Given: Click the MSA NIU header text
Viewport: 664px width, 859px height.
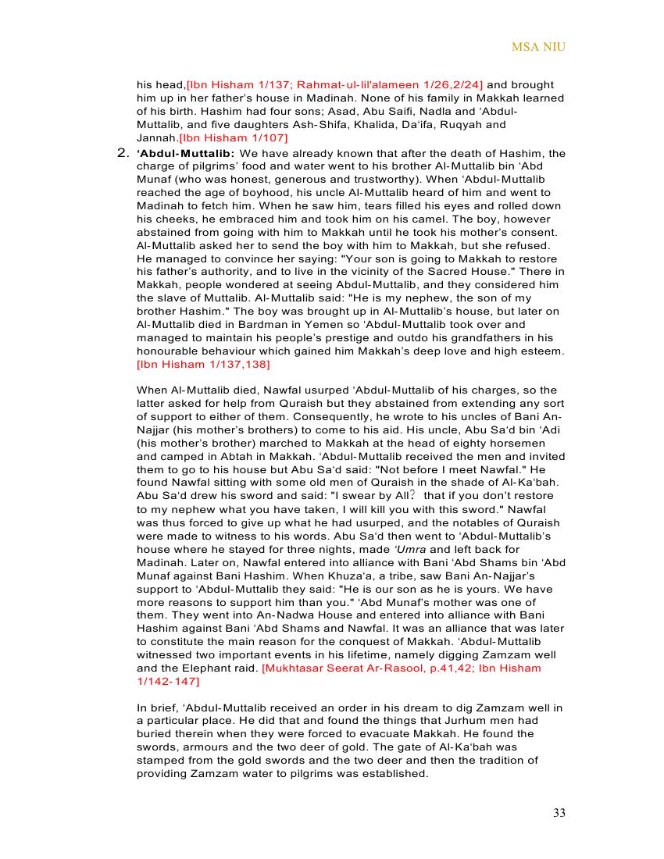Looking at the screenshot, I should coord(538,47).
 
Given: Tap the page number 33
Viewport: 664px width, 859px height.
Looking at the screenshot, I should coord(559,813).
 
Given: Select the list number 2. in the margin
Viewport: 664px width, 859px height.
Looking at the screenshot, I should coord(123,152).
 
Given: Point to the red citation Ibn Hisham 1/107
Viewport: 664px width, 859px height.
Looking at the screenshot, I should coord(223,137).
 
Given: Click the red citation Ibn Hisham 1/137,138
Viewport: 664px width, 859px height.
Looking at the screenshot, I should coord(203,364).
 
